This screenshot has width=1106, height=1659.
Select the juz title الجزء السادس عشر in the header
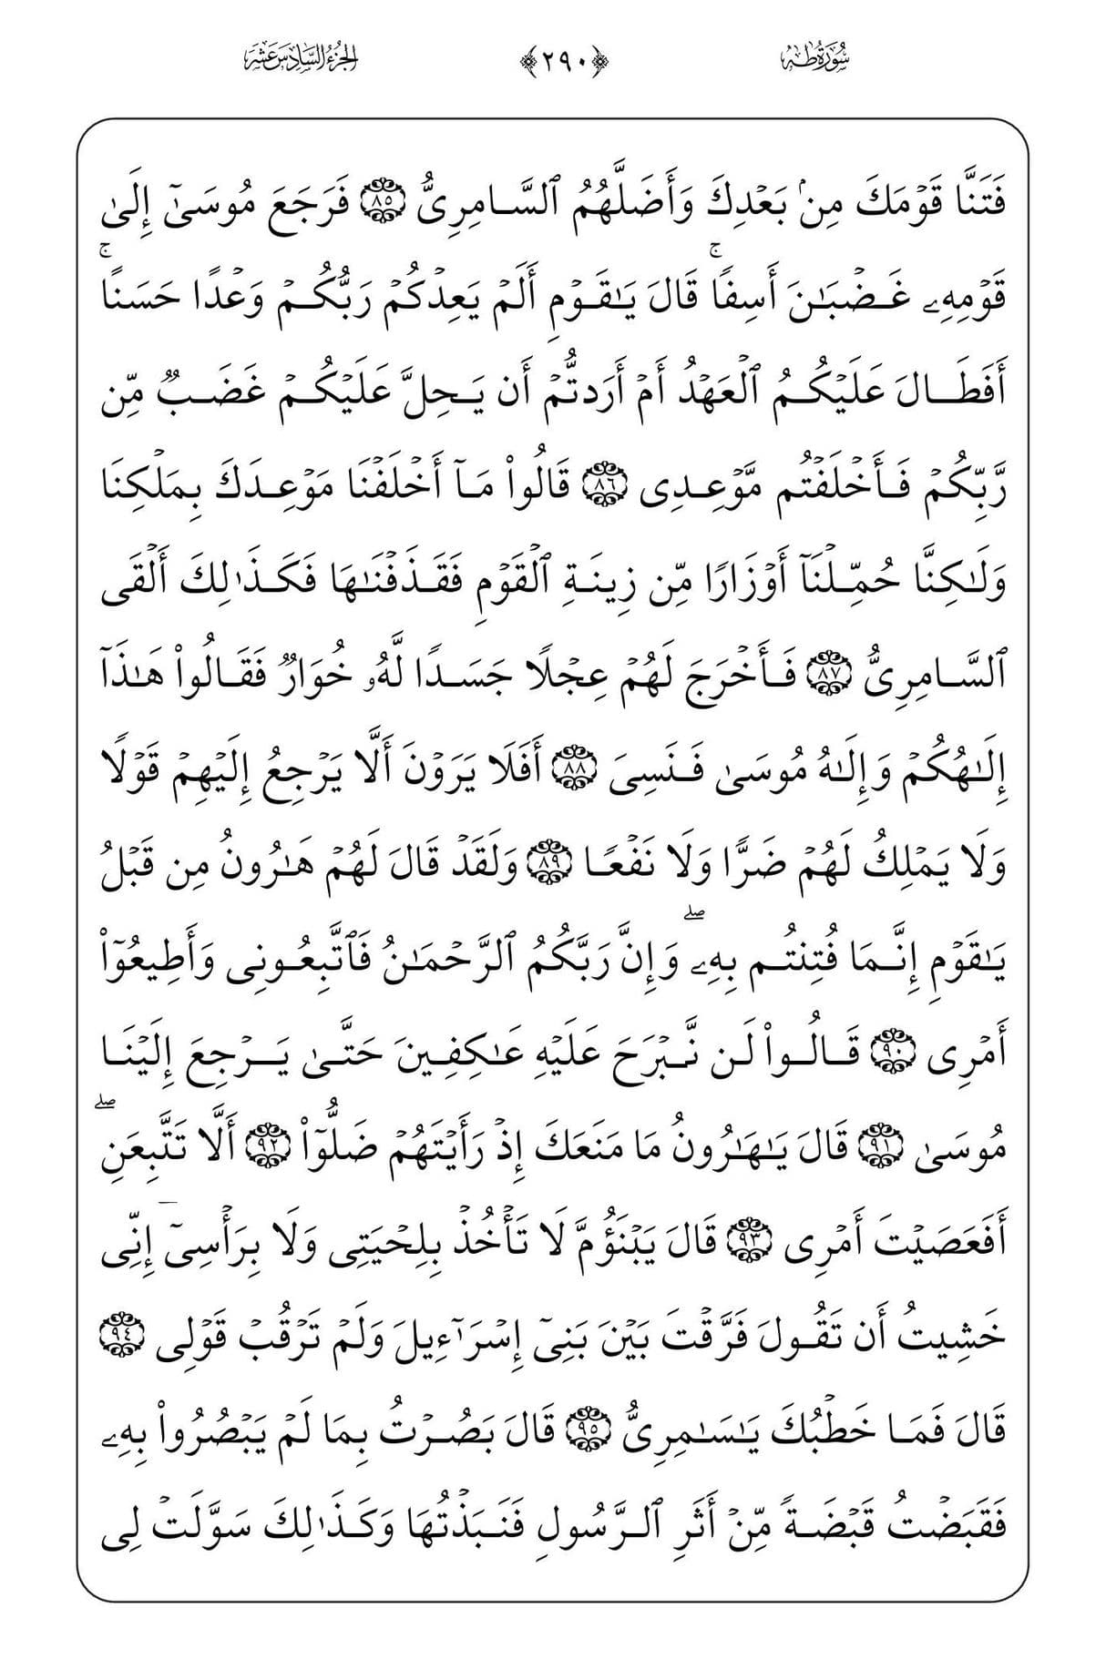tap(302, 59)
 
